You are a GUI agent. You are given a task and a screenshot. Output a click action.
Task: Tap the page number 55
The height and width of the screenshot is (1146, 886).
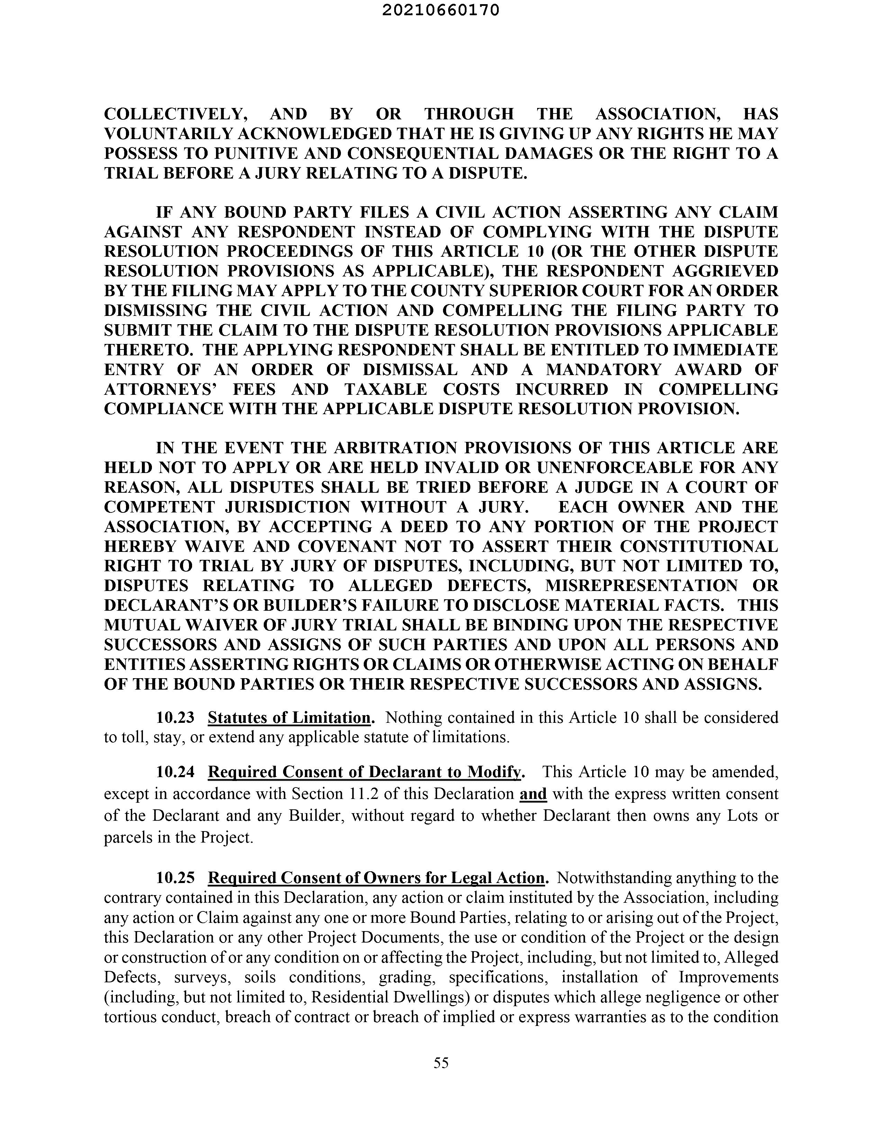(441, 1063)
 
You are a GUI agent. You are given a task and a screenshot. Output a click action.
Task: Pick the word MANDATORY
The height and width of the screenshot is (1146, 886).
(604, 370)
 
